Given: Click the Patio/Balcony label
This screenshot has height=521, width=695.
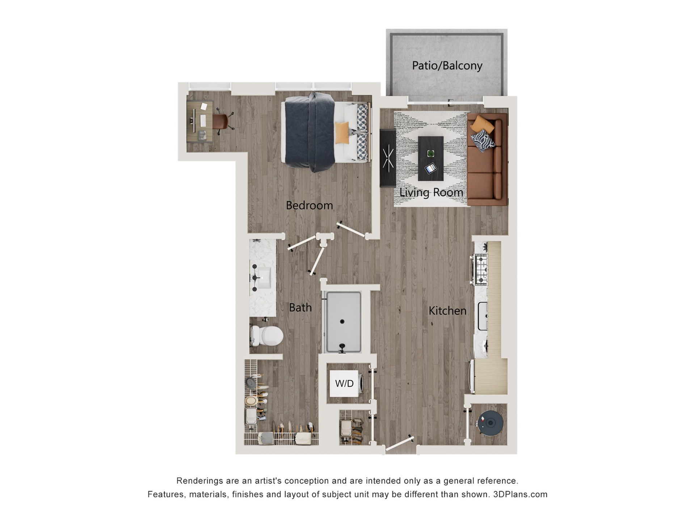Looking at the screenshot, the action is (447, 65).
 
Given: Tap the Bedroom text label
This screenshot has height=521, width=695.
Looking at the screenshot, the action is (309, 205).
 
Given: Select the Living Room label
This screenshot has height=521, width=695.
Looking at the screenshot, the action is (431, 192).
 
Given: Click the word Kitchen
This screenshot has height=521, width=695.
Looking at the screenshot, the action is (447, 310).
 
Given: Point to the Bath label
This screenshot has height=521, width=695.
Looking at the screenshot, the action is (300, 308).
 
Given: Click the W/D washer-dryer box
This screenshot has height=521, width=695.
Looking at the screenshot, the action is (344, 383).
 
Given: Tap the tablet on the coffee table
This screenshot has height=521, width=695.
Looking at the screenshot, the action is (431, 168).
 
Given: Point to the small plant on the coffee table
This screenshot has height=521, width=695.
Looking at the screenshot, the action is (430, 153).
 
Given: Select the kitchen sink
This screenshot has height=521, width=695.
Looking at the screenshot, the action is (482, 316).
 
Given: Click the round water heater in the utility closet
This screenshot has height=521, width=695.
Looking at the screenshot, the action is (490, 422).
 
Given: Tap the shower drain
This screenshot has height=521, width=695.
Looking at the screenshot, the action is (342, 321).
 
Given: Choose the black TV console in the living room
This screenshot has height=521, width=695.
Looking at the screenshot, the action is (388, 158).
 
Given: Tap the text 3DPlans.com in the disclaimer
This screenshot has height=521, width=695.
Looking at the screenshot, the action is (520, 494).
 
